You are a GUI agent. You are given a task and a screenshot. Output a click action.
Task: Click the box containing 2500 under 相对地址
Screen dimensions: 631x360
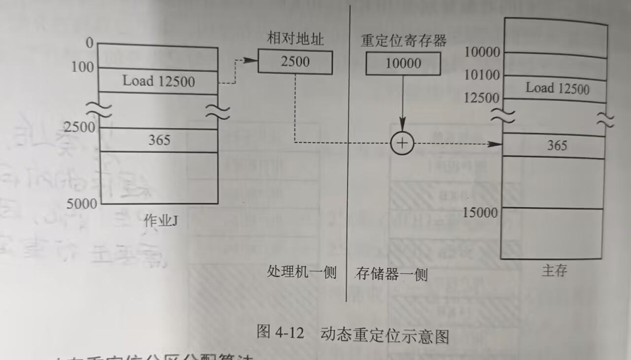click(295, 62)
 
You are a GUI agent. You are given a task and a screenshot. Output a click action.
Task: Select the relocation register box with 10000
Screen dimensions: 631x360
click(403, 64)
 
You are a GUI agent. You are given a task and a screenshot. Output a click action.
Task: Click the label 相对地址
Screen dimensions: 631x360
click(295, 39)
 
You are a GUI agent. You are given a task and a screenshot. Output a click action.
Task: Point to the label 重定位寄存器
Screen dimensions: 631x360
click(403, 40)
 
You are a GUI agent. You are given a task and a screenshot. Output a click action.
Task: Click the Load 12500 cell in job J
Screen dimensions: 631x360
click(158, 81)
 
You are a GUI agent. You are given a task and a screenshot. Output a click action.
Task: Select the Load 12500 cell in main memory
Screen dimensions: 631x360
click(557, 88)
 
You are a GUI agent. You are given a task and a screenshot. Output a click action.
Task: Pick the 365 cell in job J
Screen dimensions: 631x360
click(159, 140)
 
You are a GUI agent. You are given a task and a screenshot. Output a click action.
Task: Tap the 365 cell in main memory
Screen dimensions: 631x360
click(557, 145)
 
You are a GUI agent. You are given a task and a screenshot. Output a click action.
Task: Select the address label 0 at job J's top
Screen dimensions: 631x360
click(89, 43)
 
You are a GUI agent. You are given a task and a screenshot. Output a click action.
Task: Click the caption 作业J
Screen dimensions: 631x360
click(160, 221)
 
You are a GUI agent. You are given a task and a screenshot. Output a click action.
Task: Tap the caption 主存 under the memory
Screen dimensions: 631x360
click(554, 270)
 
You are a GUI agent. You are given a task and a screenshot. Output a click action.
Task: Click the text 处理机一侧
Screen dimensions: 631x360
click(301, 273)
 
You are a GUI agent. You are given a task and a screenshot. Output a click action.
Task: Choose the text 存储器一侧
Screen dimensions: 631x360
click(391, 274)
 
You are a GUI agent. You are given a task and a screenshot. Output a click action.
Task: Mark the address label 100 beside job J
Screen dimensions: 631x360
click(83, 67)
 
